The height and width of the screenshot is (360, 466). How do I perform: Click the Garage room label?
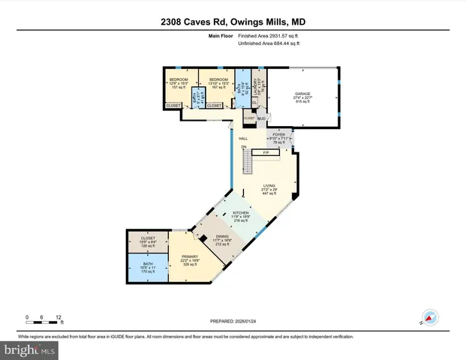(x=302, y=97)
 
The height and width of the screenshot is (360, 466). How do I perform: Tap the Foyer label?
(x=278, y=138)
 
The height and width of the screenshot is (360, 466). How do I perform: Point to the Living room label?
(x=269, y=189)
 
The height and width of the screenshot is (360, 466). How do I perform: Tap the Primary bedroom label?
(x=189, y=259)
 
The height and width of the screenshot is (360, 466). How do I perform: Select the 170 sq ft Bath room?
(x=147, y=267)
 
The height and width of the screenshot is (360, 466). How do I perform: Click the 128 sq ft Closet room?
(x=147, y=241)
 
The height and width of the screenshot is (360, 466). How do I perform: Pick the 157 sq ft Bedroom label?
(x=179, y=82)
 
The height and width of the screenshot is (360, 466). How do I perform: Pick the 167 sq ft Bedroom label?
(x=218, y=82)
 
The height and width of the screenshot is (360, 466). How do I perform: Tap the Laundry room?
(x=255, y=88)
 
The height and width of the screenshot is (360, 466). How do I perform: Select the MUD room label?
(x=262, y=118)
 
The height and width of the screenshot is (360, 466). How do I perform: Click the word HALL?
(x=243, y=139)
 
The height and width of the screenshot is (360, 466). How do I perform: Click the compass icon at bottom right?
(x=430, y=317)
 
